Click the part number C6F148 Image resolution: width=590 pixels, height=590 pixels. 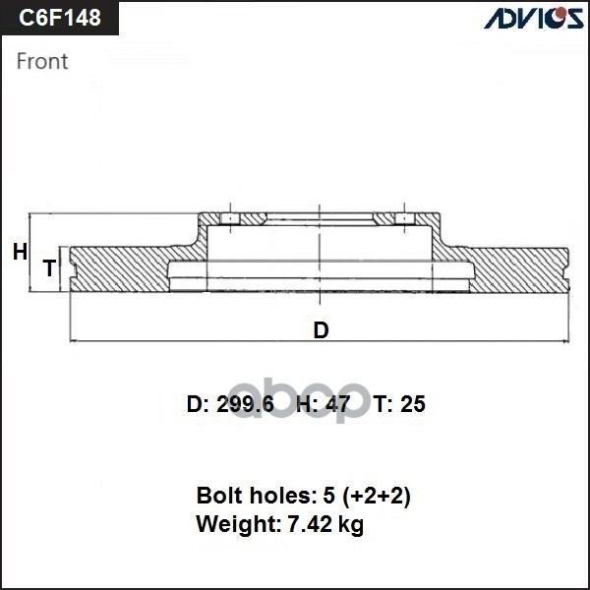pos(62,18)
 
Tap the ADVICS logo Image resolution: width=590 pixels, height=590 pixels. pos(532,18)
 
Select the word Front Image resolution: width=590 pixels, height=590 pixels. pos(43,61)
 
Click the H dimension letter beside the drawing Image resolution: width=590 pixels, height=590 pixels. pos(20,253)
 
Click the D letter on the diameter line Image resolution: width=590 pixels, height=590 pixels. pos(321,330)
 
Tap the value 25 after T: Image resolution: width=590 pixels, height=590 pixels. pos(413,404)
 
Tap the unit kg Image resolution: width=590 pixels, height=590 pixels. pos(351,526)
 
